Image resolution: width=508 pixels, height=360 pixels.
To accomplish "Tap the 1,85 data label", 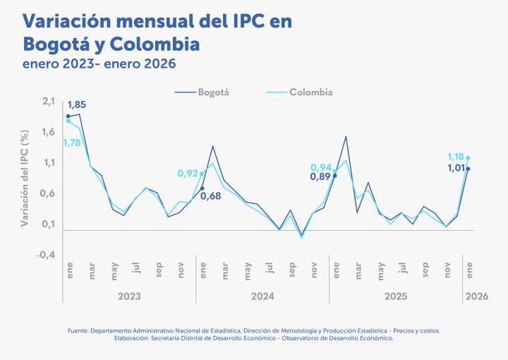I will click(77, 105).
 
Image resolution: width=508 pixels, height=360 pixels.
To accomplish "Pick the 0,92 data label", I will click(188, 173).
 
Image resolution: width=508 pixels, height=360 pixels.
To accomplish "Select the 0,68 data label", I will click(210, 196).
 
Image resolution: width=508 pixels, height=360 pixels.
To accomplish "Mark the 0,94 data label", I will click(321, 167).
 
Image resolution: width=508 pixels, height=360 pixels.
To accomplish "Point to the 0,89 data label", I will click(320, 176).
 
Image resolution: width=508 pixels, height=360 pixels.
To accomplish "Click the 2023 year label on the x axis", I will click(129, 297).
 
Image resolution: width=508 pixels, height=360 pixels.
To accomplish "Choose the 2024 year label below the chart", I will click(262, 297).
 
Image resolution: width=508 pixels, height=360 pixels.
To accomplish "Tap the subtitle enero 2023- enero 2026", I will click(99, 64).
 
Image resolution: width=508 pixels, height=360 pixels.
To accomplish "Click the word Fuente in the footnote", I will click(78, 330).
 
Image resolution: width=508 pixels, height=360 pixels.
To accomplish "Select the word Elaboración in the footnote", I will click(131, 338).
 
